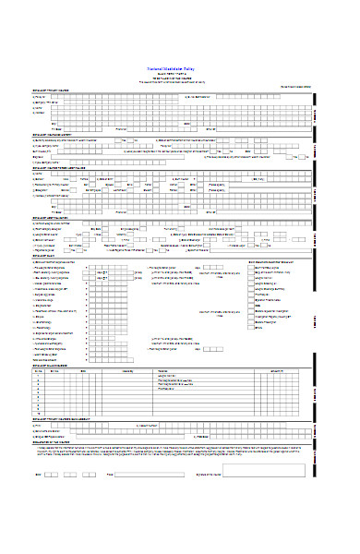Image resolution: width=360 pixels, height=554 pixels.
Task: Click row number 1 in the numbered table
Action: [x=38, y=377]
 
